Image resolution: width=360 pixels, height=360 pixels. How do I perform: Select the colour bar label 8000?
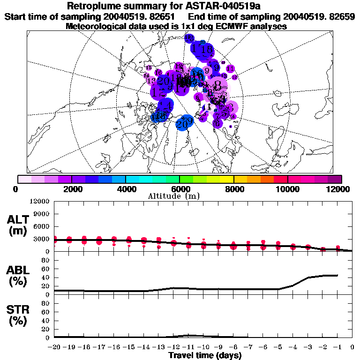point(233,189)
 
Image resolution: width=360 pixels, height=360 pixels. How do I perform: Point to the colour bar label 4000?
point(126,189)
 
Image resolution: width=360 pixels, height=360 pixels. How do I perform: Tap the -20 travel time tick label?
point(54,347)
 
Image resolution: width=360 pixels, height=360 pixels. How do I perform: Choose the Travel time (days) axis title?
point(205,355)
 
